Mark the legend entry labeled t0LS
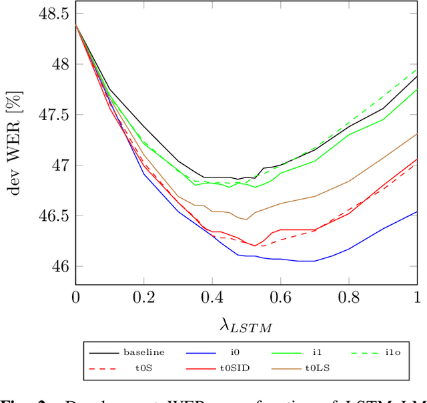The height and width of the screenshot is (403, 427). pos(314,366)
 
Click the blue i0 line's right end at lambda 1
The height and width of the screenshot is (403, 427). pos(417,212)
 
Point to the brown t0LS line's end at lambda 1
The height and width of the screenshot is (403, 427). pos(417,134)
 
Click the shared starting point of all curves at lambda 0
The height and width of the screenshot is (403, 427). pos(75,25)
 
